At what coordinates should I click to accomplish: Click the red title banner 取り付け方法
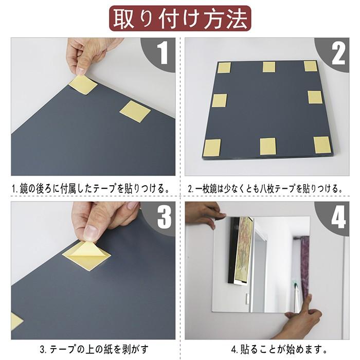pyautogui.click(x=180, y=19)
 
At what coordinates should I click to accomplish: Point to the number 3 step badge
pyautogui.click(x=163, y=217)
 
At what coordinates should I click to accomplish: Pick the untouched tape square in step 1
pyautogui.click(x=135, y=111)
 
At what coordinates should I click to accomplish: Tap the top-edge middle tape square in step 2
pyautogui.click(x=269, y=67)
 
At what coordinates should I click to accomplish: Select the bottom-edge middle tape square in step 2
pyautogui.click(x=268, y=146)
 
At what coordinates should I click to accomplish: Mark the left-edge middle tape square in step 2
pyautogui.click(x=219, y=100)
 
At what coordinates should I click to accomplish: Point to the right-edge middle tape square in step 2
pyautogui.click(x=315, y=97)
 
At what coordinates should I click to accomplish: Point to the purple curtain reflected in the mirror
pyautogui.click(x=305, y=265)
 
